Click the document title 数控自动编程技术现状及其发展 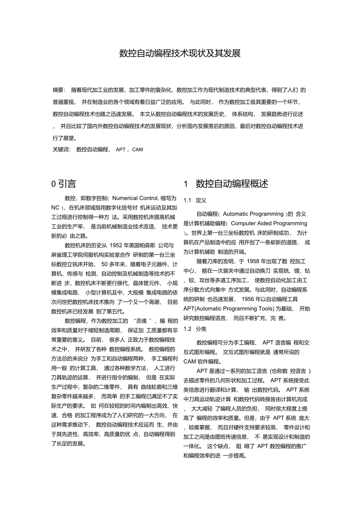tap(180, 53)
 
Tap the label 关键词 tap(61, 150)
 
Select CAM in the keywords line tap(138, 150)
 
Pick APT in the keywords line tap(121, 150)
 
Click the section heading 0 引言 tap(64, 183)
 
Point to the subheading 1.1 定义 tap(195, 200)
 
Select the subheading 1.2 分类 tap(195, 329)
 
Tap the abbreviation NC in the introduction tap(56, 207)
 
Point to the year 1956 tap(250, 299)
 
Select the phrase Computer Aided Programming tap(269, 223)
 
